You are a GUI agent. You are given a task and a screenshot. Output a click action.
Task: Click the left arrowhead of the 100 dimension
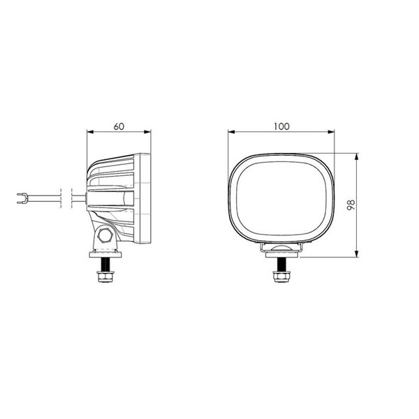click(x=232, y=131)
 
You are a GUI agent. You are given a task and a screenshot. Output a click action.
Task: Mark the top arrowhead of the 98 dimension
click(x=358, y=155)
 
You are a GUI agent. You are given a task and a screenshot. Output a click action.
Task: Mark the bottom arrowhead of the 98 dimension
click(x=358, y=255)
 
